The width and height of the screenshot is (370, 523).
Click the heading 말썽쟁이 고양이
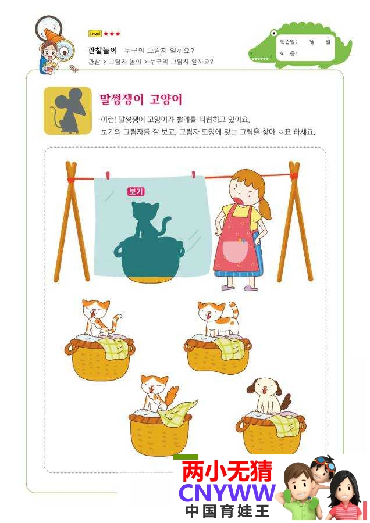click(x=141, y=99)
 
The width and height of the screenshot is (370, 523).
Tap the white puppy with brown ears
click(x=268, y=397)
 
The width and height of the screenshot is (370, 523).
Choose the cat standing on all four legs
click(x=218, y=318)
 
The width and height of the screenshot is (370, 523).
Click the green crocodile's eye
click(x=273, y=33)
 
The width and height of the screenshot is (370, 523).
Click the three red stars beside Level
click(x=112, y=34)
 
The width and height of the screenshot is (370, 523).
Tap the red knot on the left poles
click(x=71, y=180)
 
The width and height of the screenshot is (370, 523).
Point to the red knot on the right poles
click(x=294, y=175)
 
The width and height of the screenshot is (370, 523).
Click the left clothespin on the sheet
click(x=108, y=175)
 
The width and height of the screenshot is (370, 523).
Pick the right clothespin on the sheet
click(x=193, y=175)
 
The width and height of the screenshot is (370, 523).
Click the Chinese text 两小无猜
click(x=227, y=471)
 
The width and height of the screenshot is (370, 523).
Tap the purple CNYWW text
click(x=227, y=493)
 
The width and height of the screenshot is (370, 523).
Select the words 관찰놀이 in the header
click(x=102, y=51)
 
